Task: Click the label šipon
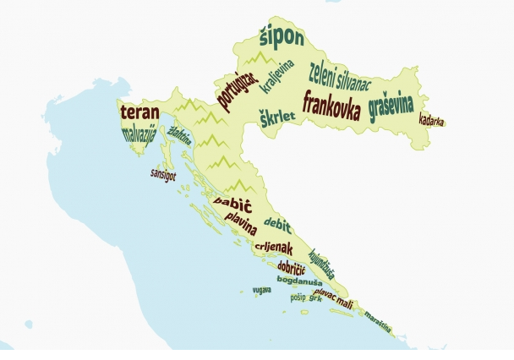[x=281, y=37]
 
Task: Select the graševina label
[x=391, y=107]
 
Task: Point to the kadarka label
[x=432, y=120]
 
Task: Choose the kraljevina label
[x=277, y=77]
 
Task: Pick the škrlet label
[x=276, y=118]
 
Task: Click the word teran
[x=139, y=112]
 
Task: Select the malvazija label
[x=139, y=135]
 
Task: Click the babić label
[x=232, y=204]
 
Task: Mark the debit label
[x=277, y=225]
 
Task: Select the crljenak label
[x=273, y=248]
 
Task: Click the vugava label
[x=261, y=289]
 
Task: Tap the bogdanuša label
[x=299, y=279]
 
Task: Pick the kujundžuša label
[x=322, y=262]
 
